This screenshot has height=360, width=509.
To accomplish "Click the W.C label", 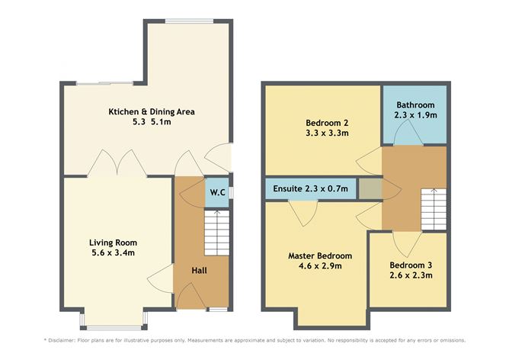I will tap(216, 191).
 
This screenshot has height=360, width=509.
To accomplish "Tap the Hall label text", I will tap(198, 270).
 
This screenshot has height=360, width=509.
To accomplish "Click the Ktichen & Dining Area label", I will tap(152, 111).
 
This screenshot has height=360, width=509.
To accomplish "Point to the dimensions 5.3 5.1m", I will tap(152, 123).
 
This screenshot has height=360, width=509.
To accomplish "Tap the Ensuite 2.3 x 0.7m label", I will tap(309, 188).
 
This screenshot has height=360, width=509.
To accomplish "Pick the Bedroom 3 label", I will tap(411, 265).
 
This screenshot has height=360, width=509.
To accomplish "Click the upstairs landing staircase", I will tap(433, 208).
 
